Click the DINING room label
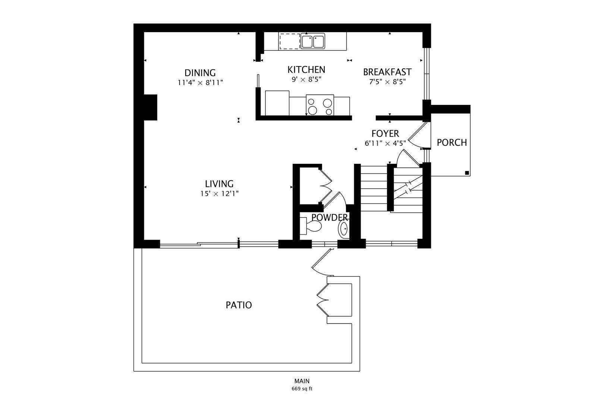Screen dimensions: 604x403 (200, 73)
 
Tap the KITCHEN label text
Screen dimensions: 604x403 (306, 70)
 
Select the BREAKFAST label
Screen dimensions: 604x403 (387, 72)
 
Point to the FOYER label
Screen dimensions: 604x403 (385, 134)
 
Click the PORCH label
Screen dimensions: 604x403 (452, 143)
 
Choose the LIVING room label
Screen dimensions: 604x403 (219, 184)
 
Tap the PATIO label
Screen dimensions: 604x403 (239, 305)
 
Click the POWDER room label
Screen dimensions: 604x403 (330, 217)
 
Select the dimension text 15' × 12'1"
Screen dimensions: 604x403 (220, 194)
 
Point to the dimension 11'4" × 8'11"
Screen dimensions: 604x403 (200, 82)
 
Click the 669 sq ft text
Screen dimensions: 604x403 (302, 389)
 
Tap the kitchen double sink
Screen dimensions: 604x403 (313, 41)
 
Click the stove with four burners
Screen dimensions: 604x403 (320, 105)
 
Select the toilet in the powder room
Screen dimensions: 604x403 (310, 226)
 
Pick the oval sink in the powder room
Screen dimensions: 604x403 (343, 229)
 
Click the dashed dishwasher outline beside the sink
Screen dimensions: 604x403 (290, 41)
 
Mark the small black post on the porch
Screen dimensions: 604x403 (467, 173)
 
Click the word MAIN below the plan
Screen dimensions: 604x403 (302, 381)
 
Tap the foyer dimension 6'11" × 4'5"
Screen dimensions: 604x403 (385, 143)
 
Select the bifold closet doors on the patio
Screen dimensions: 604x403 (323, 300)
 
